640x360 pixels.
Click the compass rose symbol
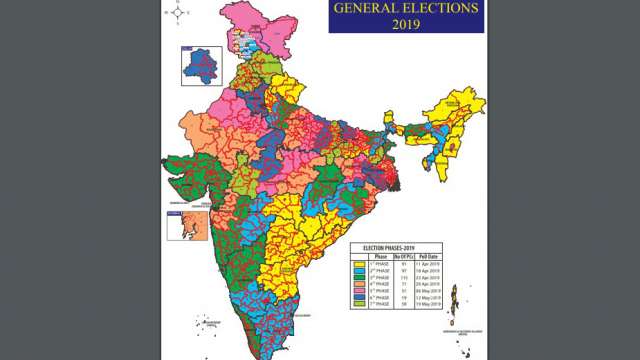click(176, 15)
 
